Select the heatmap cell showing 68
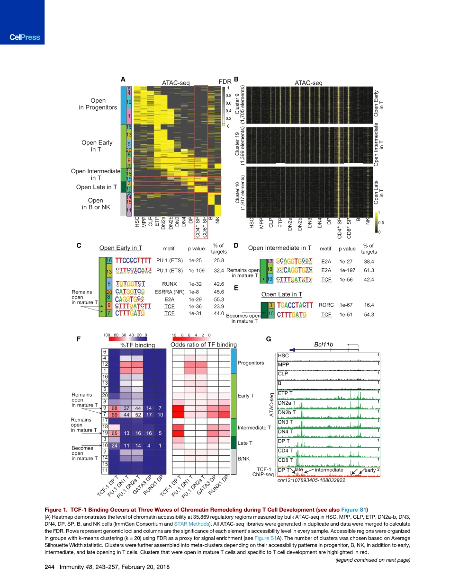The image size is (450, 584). pyautogui.click(x=114, y=408)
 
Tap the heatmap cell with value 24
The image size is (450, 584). pyautogui.click(x=114, y=445)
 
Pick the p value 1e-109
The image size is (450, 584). pyautogui.click(x=197, y=271)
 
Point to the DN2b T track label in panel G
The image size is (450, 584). pyautogui.click(x=287, y=413)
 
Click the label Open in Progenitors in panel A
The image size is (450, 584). pyautogui.click(x=98, y=104)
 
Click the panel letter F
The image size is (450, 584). pyautogui.click(x=79, y=339)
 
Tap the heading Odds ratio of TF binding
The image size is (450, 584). pyautogui.click(x=203, y=345)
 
